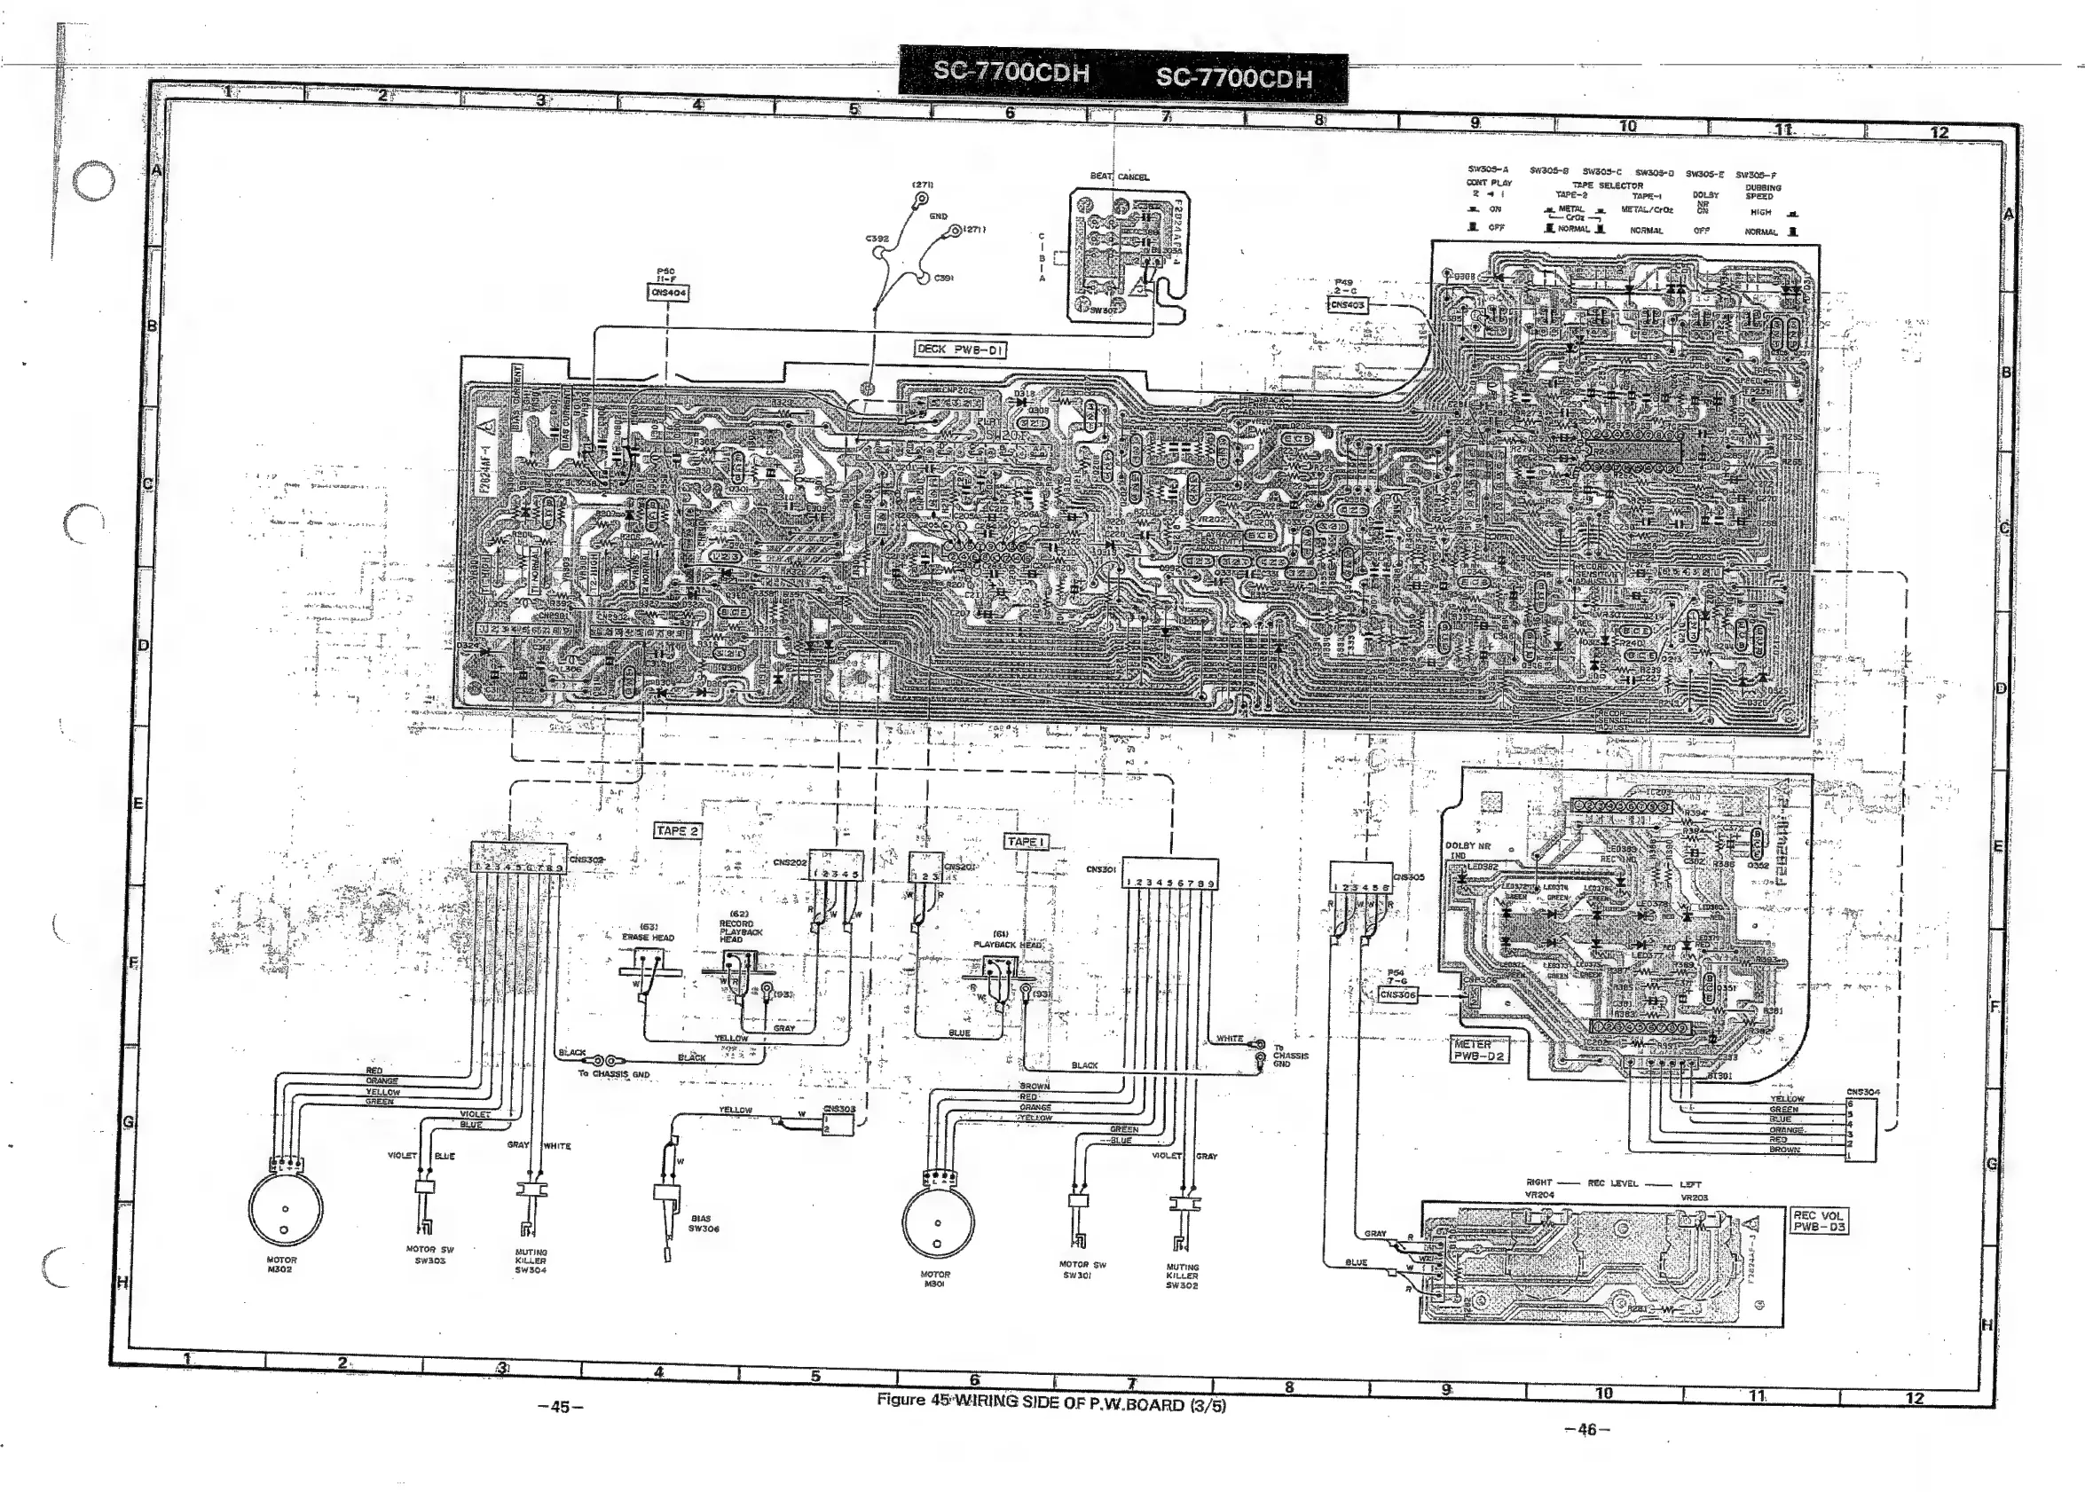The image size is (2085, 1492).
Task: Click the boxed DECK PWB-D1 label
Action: [x=960, y=349]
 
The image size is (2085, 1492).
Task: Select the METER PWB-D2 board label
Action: [x=1478, y=1050]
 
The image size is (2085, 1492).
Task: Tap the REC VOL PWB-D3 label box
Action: [x=1819, y=1221]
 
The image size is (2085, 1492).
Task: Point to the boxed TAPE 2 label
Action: [x=677, y=830]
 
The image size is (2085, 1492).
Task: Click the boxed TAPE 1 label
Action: [x=1026, y=842]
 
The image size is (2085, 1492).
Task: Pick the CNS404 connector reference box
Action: [x=669, y=293]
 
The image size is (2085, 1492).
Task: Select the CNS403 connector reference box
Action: [x=1348, y=305]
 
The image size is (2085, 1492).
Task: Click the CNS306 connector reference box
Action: [x=1397, y=994]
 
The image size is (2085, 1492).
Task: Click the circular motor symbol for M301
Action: [x=937, y=1222]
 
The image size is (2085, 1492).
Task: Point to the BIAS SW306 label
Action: [x=703, y=1224]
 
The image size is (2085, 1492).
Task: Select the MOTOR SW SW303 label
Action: [x=430, y=1255]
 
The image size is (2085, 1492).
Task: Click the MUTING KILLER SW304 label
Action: [x=531, y=1260]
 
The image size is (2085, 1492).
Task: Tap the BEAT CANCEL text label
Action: [x=1119, y=177]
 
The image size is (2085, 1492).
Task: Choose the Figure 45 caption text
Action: [x=1050, y=1405]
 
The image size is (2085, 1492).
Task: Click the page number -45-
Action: [x=560, y=1407]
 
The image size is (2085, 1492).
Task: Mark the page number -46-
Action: [x=1586, y=1429]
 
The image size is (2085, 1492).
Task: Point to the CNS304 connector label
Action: [x=1862, y=1092]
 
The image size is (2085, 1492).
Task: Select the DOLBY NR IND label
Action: [x=1467, y=850]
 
